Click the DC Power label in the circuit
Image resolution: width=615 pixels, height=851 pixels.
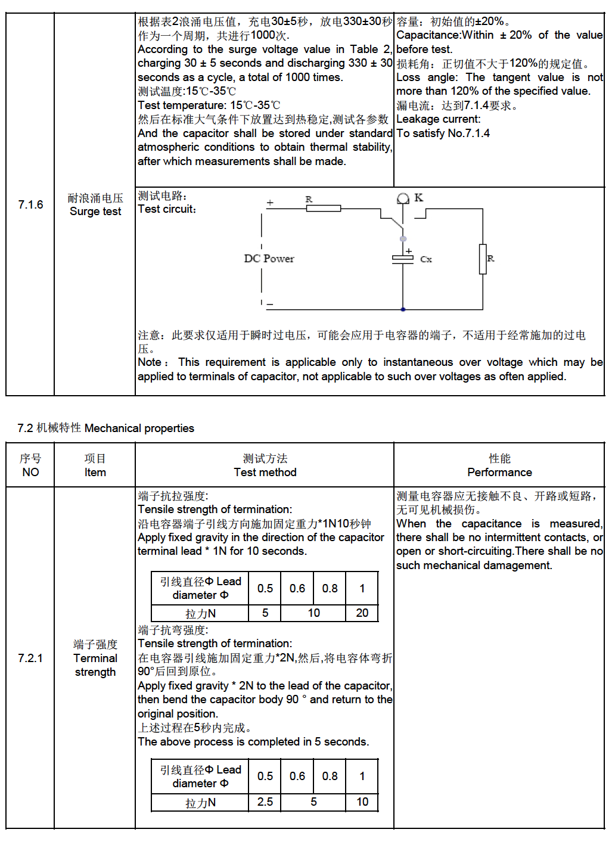(x=269, y=259)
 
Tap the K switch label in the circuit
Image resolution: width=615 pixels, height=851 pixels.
(x=418, y=197)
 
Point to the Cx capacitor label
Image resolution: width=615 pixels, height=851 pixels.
(x=425, y=259)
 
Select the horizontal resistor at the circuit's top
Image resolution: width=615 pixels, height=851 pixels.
(x=323, y=208)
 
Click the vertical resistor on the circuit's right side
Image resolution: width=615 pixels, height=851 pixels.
(x=483, y=259)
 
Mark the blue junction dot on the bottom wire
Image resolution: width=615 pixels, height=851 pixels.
(x=403, y=309)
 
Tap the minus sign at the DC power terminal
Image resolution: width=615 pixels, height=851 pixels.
(x=270, y=304)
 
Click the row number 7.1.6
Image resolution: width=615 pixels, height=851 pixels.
(x=30, y=204)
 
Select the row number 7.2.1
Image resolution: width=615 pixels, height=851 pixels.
(x=30, y=658)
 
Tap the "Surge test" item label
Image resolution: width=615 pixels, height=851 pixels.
(x=95, y=212)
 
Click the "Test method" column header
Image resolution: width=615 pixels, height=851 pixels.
(x=265, y=472)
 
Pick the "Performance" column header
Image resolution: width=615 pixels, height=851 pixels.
(x=499, y=472)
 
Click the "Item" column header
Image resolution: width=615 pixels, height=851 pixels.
(x=95, y=472)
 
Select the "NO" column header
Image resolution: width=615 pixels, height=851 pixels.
(x=30, y=472)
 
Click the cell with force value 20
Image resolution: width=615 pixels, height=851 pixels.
(x=362, y=613)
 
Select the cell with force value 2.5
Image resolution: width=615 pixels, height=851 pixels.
(x=265, y=802)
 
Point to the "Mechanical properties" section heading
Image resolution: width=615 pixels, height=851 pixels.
(x=139, y=428)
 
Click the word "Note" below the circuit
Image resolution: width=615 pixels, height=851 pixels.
(x=150, y=362)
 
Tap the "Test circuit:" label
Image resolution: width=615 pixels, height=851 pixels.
(x=167, y=209)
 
